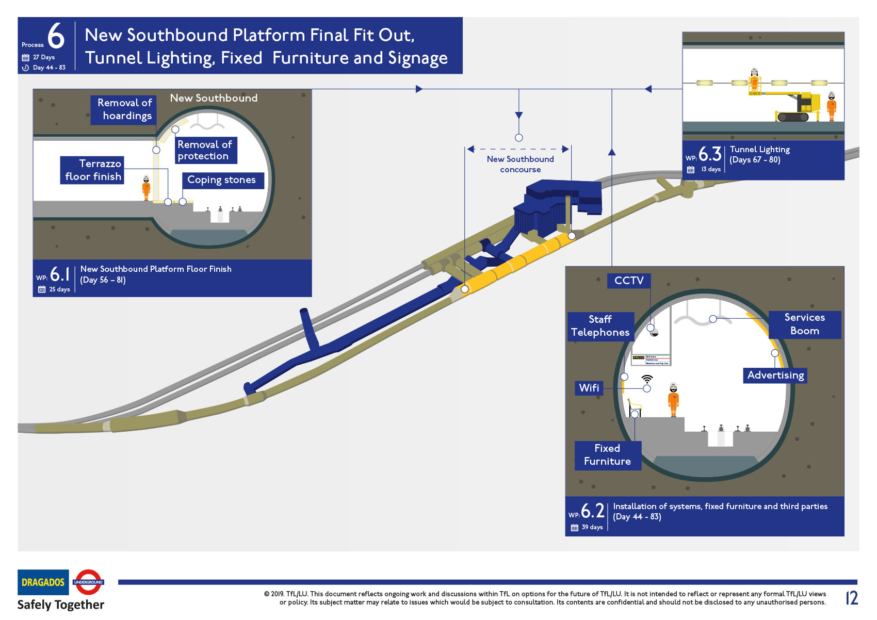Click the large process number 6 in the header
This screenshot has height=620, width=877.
tap(56, 36)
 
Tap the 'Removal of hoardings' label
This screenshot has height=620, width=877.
tap(123, 109)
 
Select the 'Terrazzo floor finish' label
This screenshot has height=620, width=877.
tap(92, 170)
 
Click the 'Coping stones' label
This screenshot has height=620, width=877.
tap(222, 180)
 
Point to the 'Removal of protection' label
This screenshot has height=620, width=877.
tap(205, 150)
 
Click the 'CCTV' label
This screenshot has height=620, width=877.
tap(629, 281)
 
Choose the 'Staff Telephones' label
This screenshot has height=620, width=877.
tap(600, 326)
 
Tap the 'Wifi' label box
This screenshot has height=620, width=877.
tap(589, 388)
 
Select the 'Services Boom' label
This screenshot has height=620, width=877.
tap(804, 324)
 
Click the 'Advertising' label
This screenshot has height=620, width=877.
tap(775, 376)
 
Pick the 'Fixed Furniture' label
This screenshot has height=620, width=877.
tap(607, 455)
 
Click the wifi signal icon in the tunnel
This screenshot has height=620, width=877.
tap(647, 379)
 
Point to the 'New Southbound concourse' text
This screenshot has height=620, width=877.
tap(520, 164)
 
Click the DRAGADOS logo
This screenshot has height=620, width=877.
tap(43, 582)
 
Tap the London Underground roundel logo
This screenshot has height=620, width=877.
tap(88, 582)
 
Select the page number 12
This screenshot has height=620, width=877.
tap(851, 598)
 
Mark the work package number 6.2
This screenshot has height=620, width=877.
tap(592, 511)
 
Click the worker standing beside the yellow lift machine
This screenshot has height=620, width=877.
tap(831, 107)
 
